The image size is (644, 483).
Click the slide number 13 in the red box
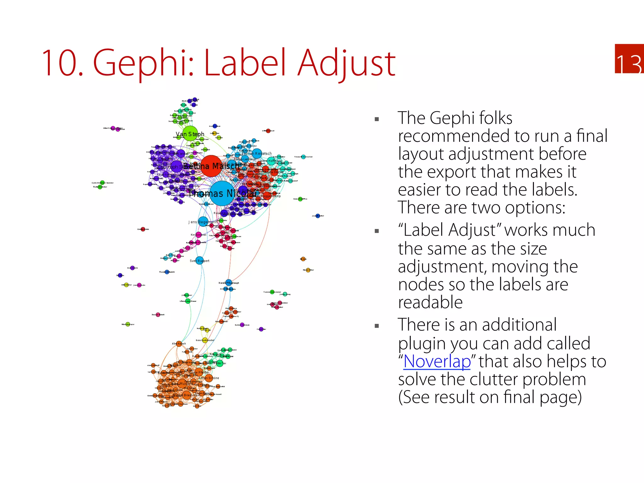pos(629,64)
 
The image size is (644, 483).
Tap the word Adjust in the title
pos(347,63)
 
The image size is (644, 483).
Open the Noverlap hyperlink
pos(437,361)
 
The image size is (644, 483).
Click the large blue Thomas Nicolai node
pos(222,193)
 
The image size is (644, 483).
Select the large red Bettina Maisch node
pos(211,166)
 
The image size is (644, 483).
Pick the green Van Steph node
pos(190,134)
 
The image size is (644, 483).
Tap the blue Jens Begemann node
pos(203,221)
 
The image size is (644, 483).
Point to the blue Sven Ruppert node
pos(199,261)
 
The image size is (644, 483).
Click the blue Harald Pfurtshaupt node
pos(229,283)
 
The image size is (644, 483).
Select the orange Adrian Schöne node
pos(209,378)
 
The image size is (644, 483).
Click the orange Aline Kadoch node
pos(179,344)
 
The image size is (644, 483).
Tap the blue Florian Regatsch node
pos(258,153)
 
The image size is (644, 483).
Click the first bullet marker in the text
pos(377,119)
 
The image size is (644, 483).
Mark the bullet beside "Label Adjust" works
pos(377,231)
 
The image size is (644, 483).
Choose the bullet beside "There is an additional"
pos(377,326)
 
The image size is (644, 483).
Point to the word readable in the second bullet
pos(430,302)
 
